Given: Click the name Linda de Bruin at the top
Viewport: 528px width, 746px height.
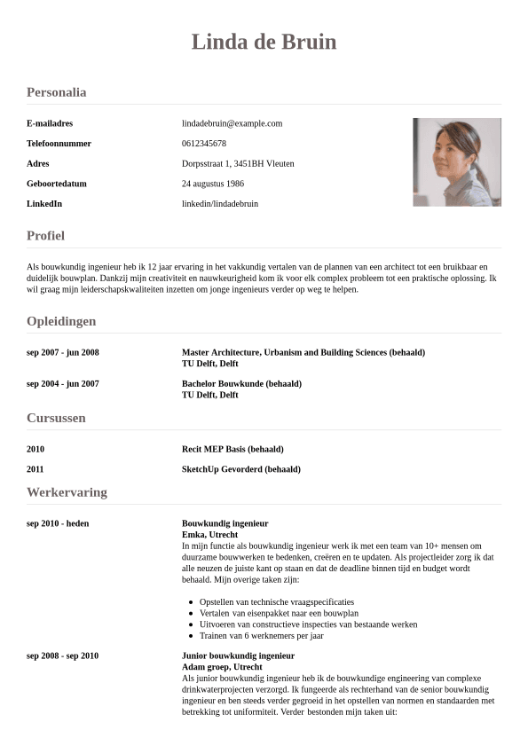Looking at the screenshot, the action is click(264, 42).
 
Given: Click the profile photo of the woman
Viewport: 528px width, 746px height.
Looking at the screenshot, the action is click(456, 162).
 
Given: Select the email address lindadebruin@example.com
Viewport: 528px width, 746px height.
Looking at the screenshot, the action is click(232, 123).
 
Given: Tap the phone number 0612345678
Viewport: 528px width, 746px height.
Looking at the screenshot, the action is click(204, 144).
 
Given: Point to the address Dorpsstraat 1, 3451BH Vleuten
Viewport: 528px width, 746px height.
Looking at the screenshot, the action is click(238, 163).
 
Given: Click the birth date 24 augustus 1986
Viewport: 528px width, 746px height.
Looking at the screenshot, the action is click(213, 184).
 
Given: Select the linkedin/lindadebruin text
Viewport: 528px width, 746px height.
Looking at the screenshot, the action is click(220, 204).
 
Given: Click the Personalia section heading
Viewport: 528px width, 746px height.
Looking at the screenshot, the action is click(56, 92).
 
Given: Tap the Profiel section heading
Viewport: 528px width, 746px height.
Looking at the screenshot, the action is click(45, 236).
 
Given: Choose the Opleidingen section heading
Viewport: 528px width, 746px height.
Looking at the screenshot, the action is click(61, 321).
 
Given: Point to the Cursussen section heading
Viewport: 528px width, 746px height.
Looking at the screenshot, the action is click(56, 418).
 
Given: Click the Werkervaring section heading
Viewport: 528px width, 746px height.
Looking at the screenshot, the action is click(67, 492).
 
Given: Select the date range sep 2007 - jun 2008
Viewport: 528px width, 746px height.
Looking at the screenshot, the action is click(63, 352).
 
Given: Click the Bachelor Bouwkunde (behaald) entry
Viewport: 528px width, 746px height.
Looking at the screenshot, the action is click(241, 384).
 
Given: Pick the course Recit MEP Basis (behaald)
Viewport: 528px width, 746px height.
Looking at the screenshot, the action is click(232, 449).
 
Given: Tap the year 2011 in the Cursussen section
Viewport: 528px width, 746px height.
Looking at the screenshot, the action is click(35, 469).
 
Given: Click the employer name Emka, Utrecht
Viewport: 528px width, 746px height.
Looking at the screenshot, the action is click(209, 535).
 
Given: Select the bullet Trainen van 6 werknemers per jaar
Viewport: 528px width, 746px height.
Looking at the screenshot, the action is click(261, 636).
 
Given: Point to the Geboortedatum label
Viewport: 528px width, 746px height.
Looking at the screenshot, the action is click(57, 184).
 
